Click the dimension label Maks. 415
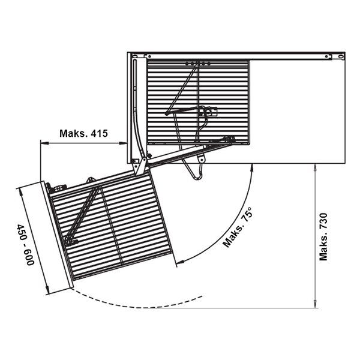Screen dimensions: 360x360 click(x=83, y=133)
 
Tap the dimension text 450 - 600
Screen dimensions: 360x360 click(x=25, y=245)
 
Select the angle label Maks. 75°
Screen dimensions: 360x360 click(x=238, y=227)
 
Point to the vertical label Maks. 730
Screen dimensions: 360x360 click(x=323, y=237)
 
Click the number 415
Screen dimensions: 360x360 click(x=99, y=133)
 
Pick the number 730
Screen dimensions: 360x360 click(x=323, y=221)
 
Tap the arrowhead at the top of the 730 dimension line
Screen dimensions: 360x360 click(x=315, y=167)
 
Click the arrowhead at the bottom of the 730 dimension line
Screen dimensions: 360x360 click(x=315, y=304)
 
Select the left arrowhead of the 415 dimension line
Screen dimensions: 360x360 click(x=44, y=143)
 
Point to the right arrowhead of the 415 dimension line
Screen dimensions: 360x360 click(x=123, y=143)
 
